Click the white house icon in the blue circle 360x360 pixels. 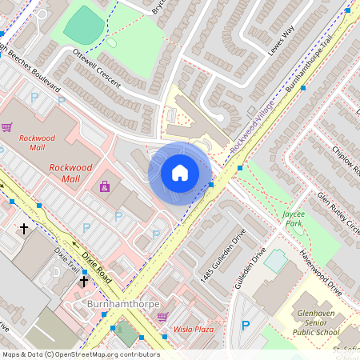pos(180,173)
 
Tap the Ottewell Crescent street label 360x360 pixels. pos(97,71)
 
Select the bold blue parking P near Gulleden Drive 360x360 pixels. pos(246,326)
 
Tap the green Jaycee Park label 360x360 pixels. pos(298,219)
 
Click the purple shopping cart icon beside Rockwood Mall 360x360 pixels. pos(7,127)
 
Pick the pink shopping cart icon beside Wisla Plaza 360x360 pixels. pos(163,317)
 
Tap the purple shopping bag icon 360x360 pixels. pos(104,186)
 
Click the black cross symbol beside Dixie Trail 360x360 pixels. pos(83,281)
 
